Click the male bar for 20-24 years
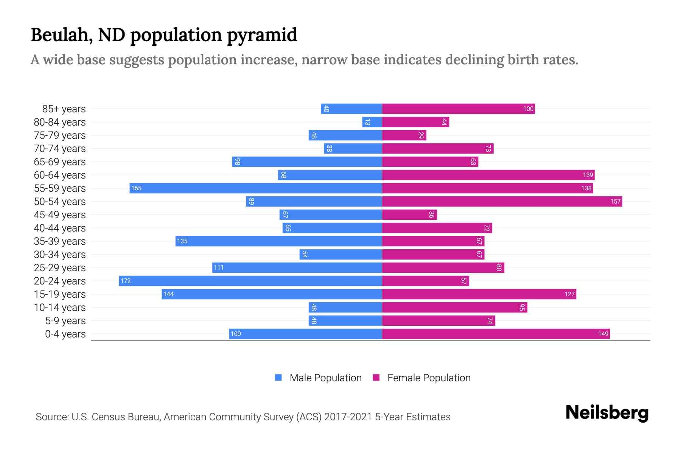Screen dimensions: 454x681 250,281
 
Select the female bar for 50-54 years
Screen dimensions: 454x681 502,201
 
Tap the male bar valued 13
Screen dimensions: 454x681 372,122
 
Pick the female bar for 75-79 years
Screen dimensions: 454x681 404,135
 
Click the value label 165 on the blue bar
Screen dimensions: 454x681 136,188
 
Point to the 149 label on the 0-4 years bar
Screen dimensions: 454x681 603,334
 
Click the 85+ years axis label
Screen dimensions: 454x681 64,109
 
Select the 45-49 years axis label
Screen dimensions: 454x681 60,215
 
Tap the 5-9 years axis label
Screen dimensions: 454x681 65,321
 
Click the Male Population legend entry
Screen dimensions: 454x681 325,378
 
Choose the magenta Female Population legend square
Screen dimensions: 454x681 376,378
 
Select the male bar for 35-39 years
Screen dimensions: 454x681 278,241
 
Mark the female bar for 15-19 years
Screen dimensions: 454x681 479,294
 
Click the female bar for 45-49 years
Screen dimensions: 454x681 409,215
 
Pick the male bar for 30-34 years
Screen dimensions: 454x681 340,254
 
